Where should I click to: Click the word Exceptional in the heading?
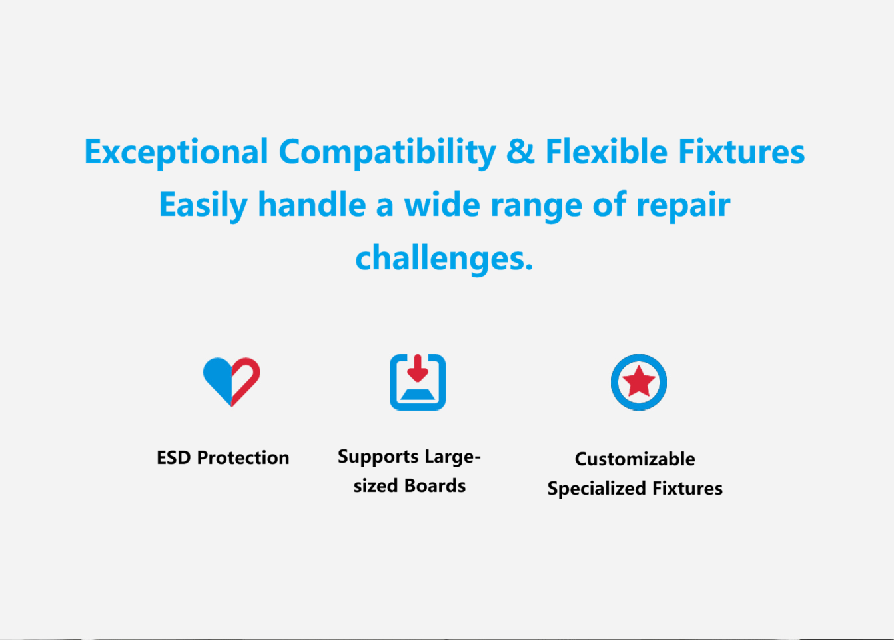(x=176, y=153)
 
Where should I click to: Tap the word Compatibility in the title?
(x=388, y=153)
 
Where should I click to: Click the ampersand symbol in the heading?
(x=520, y=152)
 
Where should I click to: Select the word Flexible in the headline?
(x=606, y=151)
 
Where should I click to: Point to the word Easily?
(x=204, y=205)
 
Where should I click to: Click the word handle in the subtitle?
(x=312, y=204)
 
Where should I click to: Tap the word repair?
(x=683, y=207)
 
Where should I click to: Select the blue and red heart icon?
(x=231, y=382)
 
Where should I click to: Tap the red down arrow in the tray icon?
(x=418, y=368)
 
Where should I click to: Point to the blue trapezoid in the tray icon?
(x=418, y=395)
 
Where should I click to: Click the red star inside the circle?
(x=639, y=381)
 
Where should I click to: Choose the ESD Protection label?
(x=223, y=458)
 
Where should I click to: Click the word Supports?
(x=378, y=457)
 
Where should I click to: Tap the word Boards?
(x=434, y=486)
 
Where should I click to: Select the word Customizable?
(x=635, y=459)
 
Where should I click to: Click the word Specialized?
(x=597, y=489)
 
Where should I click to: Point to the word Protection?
(x=243, y=458)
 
